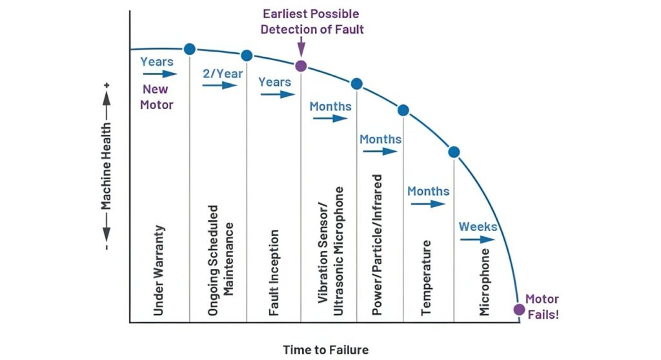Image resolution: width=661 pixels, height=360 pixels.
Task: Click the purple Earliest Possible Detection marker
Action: [301, 66]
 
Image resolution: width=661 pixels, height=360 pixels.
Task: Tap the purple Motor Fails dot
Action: [519, 310]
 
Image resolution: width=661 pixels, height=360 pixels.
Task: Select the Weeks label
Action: [478, 227]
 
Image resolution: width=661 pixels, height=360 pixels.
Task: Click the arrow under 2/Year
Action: [219, 86]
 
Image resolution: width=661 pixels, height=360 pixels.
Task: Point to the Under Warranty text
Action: [158, 270]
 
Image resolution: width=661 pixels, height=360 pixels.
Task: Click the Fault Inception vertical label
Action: [274, 272]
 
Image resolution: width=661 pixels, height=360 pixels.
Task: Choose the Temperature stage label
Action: [426, 278]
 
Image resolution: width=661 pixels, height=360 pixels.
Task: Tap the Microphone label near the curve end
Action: [484, 282]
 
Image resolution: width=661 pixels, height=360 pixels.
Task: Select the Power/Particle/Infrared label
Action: [377, 245]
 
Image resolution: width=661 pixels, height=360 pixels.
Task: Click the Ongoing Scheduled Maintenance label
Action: [220, 261]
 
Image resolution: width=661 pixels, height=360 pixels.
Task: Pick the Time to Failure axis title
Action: [325, 350]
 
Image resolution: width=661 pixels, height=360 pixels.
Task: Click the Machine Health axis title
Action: [106, 166]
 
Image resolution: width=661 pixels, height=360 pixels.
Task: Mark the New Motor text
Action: [156, 97]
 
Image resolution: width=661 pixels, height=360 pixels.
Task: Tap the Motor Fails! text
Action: [542, 307]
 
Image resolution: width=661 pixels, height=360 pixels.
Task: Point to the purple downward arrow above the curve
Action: [301, 46]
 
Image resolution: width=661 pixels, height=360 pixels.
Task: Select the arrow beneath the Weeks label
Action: [478, 239]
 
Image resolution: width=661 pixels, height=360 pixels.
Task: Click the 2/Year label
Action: [223, 74]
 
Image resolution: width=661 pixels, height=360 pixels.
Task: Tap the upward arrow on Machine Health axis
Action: [107, 105]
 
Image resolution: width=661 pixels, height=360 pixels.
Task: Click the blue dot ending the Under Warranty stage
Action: [190, 49]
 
